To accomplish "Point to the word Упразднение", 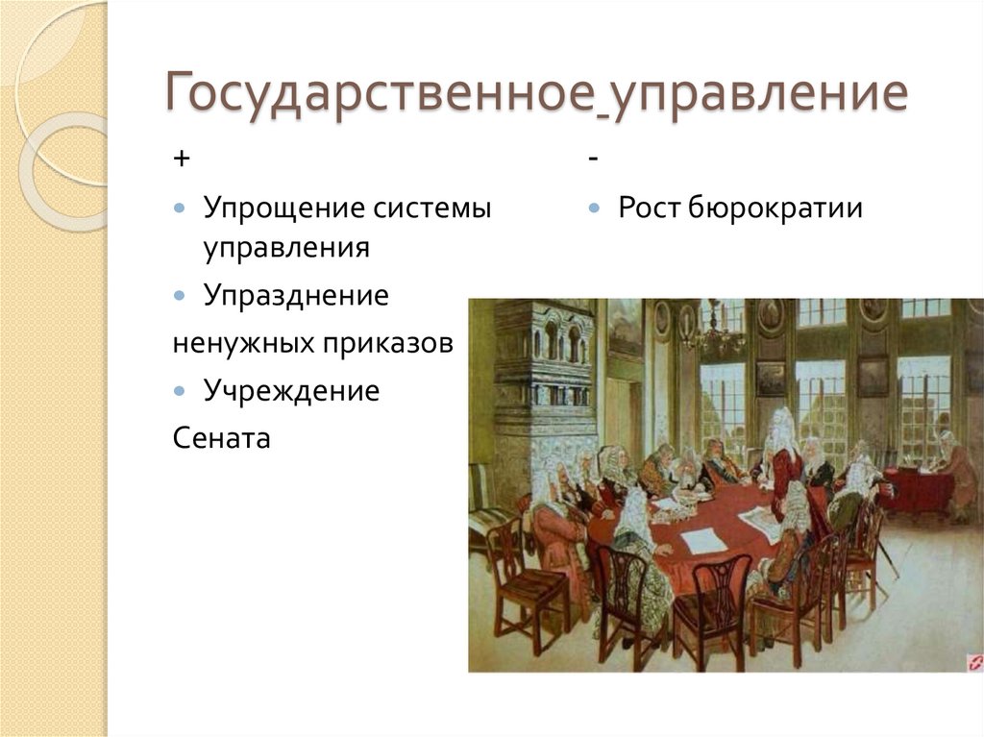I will pos(296,295).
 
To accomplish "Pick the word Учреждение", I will pos(291,390).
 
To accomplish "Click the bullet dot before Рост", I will pos(595,209).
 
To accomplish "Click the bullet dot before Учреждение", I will pos(181,391).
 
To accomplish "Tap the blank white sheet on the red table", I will pos(703,541).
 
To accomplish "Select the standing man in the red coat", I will pos(784,461).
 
